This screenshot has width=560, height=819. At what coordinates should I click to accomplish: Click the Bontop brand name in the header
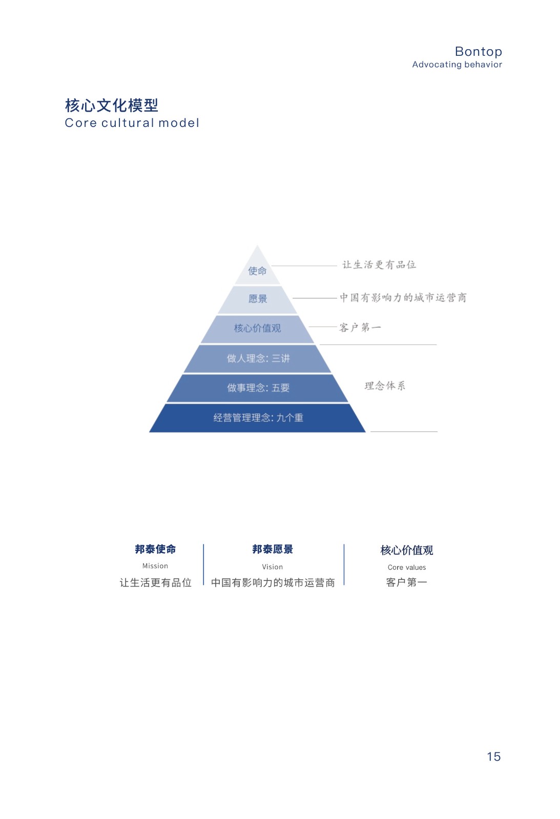pyautogui.click(x=478, y=52)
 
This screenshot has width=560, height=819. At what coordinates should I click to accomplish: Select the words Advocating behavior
pyautogui.click(x=457, y=64)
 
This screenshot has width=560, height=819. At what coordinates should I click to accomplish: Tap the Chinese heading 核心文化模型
pyautogui.click(x=112, y=105)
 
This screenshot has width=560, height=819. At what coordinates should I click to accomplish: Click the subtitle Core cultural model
pyautogui.click(x=132, y=123)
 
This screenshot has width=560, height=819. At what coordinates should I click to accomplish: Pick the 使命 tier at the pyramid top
pyautogui.click(x=257, y=271)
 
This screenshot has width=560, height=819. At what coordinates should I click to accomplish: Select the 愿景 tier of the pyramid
pyautogui.click(x=258, y=299)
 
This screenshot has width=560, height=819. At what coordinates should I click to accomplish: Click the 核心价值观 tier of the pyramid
pyautogui.click(x=257, y=328)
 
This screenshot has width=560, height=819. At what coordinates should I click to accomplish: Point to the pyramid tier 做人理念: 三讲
pyautogui.click(x=258, y=358)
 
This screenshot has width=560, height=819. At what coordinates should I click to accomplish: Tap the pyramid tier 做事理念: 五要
pyautogui.click(x=258, y=388)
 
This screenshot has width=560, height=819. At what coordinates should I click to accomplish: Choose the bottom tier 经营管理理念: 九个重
pyautogui.click(x=258, y=418)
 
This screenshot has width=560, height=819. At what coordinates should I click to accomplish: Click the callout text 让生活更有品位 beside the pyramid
pyautogui.click(x=379, y=265)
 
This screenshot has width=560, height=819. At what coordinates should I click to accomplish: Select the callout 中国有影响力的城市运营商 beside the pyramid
pyautogui.click(x=403, y=297)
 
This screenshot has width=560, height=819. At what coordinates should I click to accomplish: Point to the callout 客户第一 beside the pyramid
pyautogui.click(x=360, y=328)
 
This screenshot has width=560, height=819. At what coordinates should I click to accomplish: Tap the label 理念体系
pyautogui.click(x=385, y=385)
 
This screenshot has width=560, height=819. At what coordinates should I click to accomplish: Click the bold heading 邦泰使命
pyautogui.click(x=155, y=549)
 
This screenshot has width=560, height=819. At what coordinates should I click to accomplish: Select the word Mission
pyautogui.click(x=155, y=566)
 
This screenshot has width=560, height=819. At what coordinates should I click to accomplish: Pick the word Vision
pyautogui.click(x=272, y=567)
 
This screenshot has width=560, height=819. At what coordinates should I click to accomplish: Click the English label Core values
pyautogui.click(x=407, y=567)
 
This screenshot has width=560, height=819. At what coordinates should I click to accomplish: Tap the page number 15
pyautogui.click(x=493, y=757)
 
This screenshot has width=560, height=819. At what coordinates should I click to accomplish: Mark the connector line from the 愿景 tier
pyautogui.click(x=315, y=298)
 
